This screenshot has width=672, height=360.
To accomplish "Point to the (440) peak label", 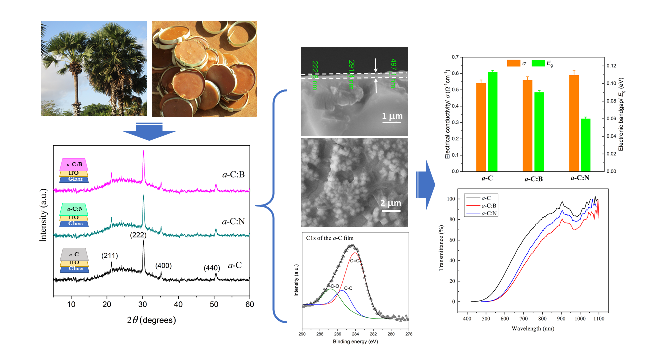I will pyautogui.click(x=211, y=268).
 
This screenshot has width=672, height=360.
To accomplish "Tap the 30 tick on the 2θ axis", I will pyautogui.click(x=143, y=303).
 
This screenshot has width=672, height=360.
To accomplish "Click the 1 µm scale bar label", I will pyautogui.click(x=392, y=117).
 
